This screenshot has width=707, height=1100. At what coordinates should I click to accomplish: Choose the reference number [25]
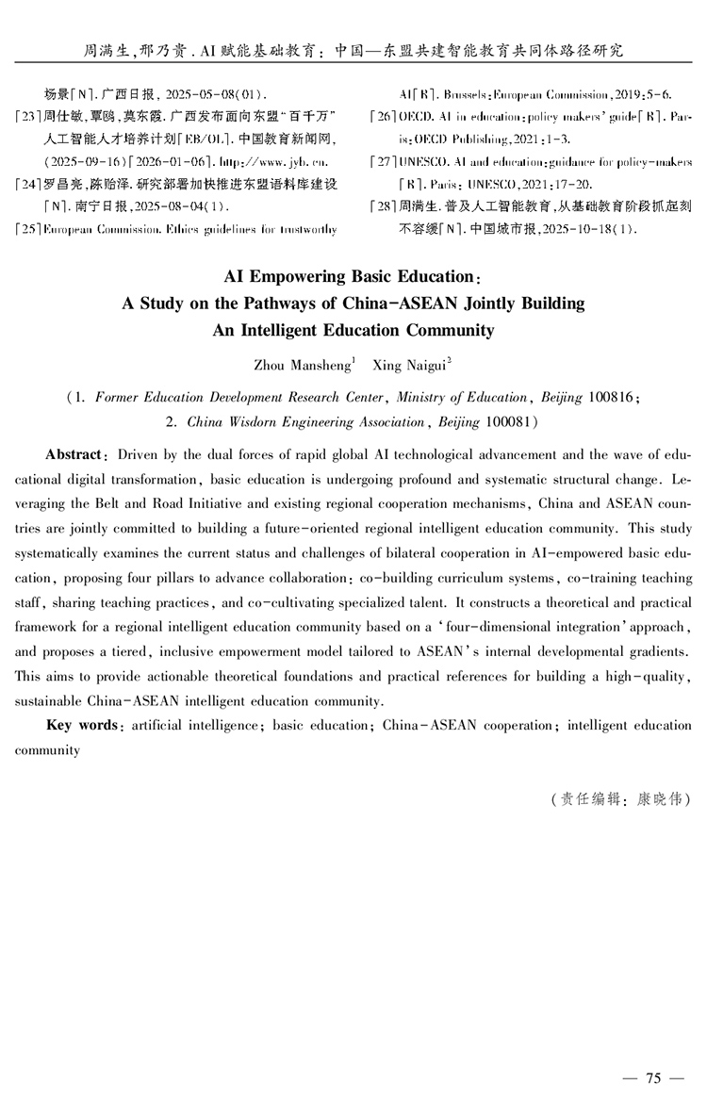click(29, 228)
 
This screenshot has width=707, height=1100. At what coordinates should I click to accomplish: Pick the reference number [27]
click(384, 162)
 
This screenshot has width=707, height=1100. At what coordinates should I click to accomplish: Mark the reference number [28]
click(384, 206)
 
